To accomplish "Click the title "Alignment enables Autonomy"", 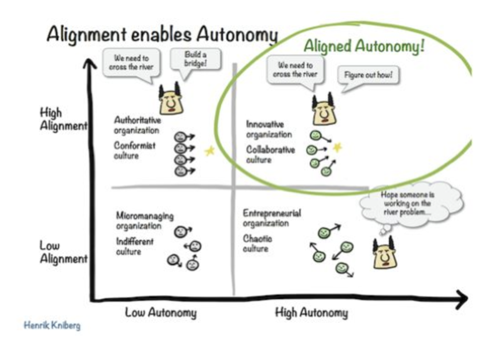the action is coord(162,35).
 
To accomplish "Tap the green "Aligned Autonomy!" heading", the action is coord(364,46).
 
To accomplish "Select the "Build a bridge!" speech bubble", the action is coord(195,60).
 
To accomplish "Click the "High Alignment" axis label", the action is coord(63,119).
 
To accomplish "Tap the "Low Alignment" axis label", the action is coord(63,252).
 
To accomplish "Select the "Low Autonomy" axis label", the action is coord(161,312).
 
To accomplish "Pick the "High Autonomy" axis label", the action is coord(312,312).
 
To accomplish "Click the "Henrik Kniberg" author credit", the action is coord(52,325).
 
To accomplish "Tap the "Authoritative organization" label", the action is coord(138,125).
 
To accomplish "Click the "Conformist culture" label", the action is coord(135,150).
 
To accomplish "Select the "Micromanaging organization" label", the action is coord(145,220).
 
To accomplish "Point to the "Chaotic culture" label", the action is coord(258,244).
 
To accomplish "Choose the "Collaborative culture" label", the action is coord(270,155).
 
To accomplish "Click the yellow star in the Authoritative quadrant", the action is coord(210,150).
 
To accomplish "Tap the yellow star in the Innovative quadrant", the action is coord(337,147).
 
